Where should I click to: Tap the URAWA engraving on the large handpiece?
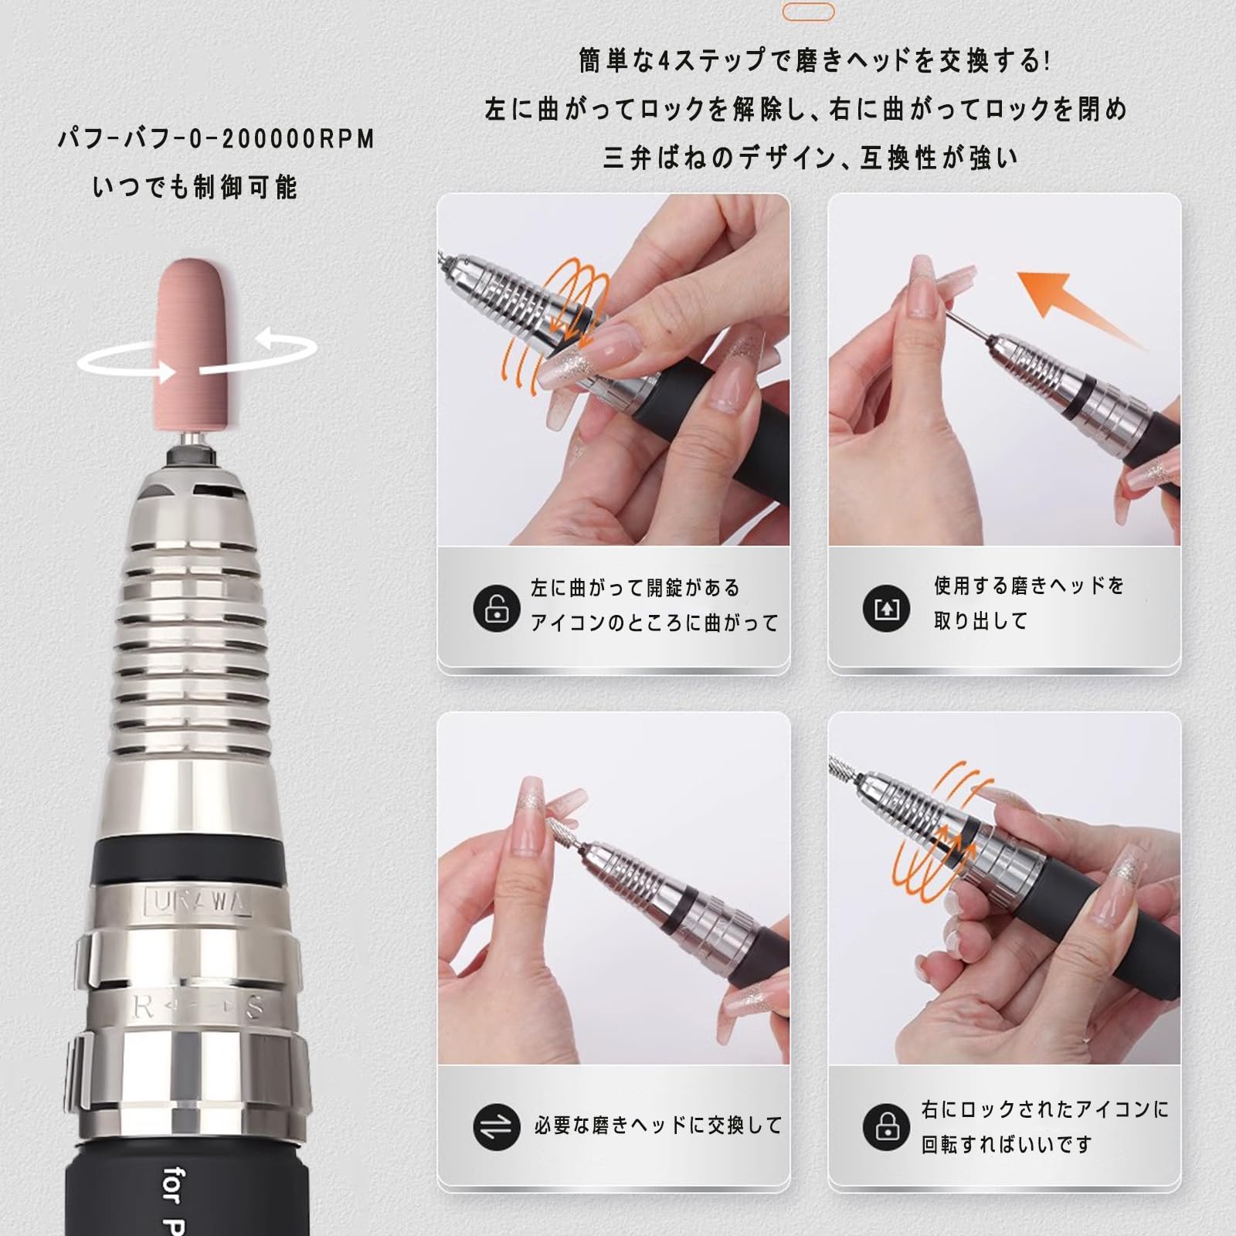199,902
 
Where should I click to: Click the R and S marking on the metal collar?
199,1007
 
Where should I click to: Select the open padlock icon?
496,608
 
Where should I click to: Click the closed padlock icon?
886,1127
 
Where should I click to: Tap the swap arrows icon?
496,1127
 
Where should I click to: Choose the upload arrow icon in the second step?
886,608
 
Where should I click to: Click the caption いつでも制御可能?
195,188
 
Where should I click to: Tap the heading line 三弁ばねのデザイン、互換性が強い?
810,158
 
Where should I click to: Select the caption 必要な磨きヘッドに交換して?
658,1126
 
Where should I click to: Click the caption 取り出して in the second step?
980,621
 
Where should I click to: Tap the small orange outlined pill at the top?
808,12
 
